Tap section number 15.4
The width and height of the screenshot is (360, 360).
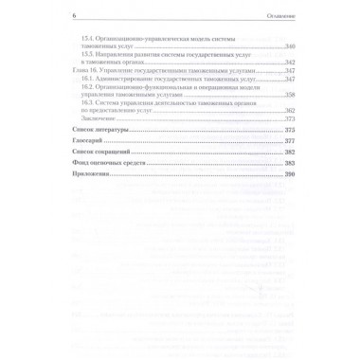(x=91, y=38)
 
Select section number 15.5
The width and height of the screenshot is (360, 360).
(x=91, y=54)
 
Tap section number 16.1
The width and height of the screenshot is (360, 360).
(x=91, y=79)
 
